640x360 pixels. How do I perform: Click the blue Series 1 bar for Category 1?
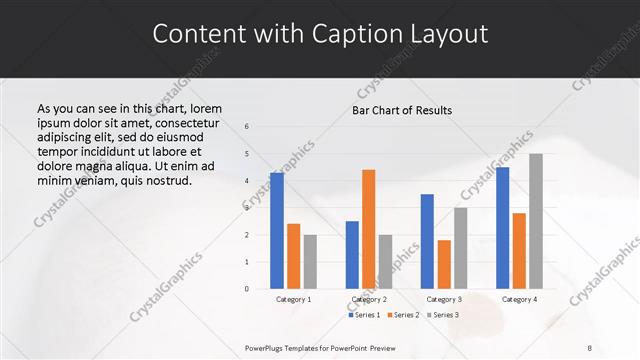pos(277,231)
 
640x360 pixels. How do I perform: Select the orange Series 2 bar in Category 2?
pos(368,229)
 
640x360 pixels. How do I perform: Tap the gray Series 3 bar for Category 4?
pos(535,221)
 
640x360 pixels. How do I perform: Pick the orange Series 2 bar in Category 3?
pos(444,264)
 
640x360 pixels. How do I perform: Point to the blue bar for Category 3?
pos(427,241)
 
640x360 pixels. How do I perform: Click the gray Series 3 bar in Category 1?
pos(310,262)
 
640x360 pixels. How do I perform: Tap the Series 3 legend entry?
pos(445,315)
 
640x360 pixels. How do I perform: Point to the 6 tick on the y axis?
pos(247,127)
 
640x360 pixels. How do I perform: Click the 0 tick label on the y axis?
pos(247,289)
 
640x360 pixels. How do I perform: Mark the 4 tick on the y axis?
pos(247,181)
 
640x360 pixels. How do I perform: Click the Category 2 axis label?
pos(369,299)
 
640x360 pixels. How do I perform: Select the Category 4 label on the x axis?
pos(519,299)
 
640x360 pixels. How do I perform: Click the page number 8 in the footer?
pos(590,347)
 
